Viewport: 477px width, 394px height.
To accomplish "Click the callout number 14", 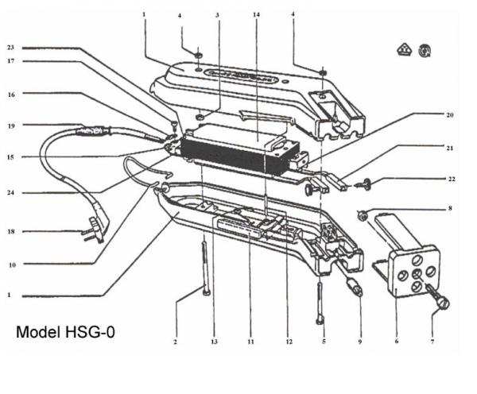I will [255, 15].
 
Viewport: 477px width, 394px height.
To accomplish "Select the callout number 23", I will [10, 48].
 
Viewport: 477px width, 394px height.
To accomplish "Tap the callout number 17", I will [10, 61].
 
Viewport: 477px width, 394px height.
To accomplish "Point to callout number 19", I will [10, 125].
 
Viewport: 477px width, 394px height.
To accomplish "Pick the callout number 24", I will [10, 192].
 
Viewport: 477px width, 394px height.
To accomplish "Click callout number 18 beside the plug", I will [10, 232].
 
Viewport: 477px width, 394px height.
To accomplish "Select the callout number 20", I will [450, 115].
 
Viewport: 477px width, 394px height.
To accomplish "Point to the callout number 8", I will [450, 209].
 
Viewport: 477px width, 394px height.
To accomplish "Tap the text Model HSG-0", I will [65, 331].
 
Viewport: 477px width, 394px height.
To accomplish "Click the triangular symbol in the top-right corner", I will [403, 51].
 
